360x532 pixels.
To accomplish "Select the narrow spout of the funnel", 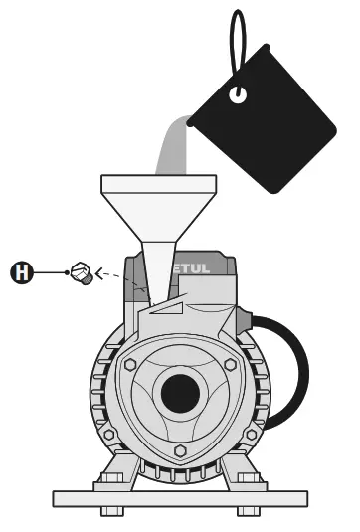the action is pos(157,268).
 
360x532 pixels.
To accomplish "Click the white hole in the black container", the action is pos(238,95).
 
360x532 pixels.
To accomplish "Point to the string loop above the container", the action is pos(238,40).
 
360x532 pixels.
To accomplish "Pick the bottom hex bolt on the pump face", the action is pos(180,450).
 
